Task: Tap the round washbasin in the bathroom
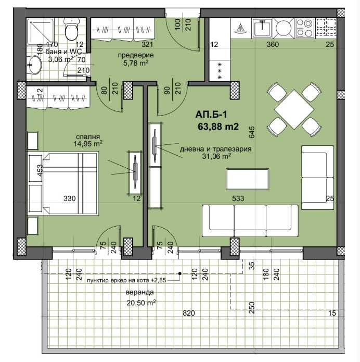pyautogui.click(x=35, y=66)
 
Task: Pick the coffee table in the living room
pyautogui.click(x=247, y=180)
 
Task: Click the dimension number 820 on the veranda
pyautogui.click(x=188, y=313)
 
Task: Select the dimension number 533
pyautogui.click(x=238, y=198)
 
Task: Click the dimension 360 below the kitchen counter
pyautogui.click(x=273, y=45)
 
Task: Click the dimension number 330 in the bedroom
pyautogui.click(x=70, y=198)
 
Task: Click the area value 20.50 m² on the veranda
pyautogui.click(x=141, y=302)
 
